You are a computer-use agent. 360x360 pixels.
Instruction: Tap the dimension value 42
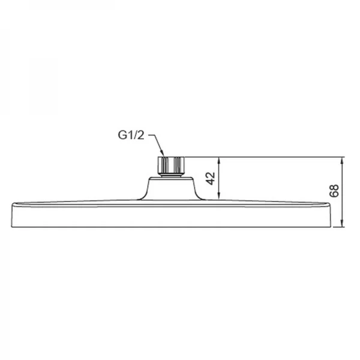[x=211, y=179]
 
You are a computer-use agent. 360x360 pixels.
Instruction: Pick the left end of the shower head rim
[x=12, y=215]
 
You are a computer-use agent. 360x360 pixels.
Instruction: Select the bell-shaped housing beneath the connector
[x=171, y=189]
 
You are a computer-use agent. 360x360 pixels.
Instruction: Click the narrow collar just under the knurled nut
[x=171, y=176]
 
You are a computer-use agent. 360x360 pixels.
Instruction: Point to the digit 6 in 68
[x=334, y=196]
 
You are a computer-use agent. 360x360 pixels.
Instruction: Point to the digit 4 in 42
[x=211, y=182]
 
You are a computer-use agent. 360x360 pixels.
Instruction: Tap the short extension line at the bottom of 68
[x=338, y=227]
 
